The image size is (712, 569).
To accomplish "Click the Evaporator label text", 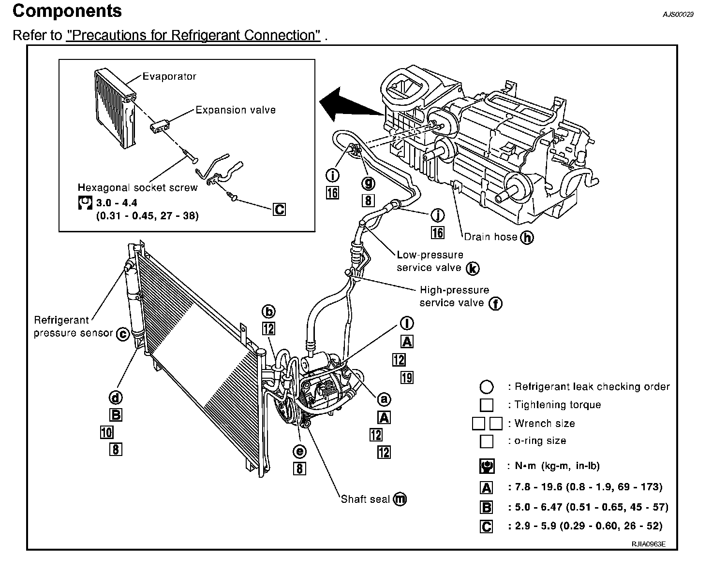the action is click(x=169, y=76).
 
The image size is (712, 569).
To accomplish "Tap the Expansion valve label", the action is click(x=236, y=110).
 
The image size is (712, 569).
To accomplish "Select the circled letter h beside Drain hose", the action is click(x=527, y=237).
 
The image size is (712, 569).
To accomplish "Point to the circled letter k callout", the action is click(x=473, y=268).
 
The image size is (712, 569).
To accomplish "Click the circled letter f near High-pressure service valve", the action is click(x=495, y=303).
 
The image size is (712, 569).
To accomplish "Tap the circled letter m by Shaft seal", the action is click(x=400, y=499).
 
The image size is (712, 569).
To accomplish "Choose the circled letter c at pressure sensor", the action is click(x=123, y=334).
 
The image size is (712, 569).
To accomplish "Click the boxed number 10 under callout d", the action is click(x=106, y=432).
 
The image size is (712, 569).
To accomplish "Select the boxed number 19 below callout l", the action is click(x=407, y=377).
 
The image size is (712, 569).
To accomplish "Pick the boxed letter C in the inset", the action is click(x=279, y=210).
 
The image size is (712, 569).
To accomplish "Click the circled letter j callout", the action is click(x=437, y=215).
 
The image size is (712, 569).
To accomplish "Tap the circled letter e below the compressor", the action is click(x=299, y=451).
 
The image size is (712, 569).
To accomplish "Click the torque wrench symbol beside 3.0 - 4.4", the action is click(x=85, y=202).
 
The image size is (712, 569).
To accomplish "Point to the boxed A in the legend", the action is click(x=487, y=488).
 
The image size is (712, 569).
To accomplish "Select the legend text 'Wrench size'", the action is click(x=545, y=423).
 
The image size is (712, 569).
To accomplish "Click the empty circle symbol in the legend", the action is click(x=487, y=387).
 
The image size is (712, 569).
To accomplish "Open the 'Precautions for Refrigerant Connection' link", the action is click(x=193, y=35).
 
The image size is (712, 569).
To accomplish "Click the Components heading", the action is click(x=67, y=11).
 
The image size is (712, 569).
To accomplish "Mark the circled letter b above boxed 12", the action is click(x=268, y=311).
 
